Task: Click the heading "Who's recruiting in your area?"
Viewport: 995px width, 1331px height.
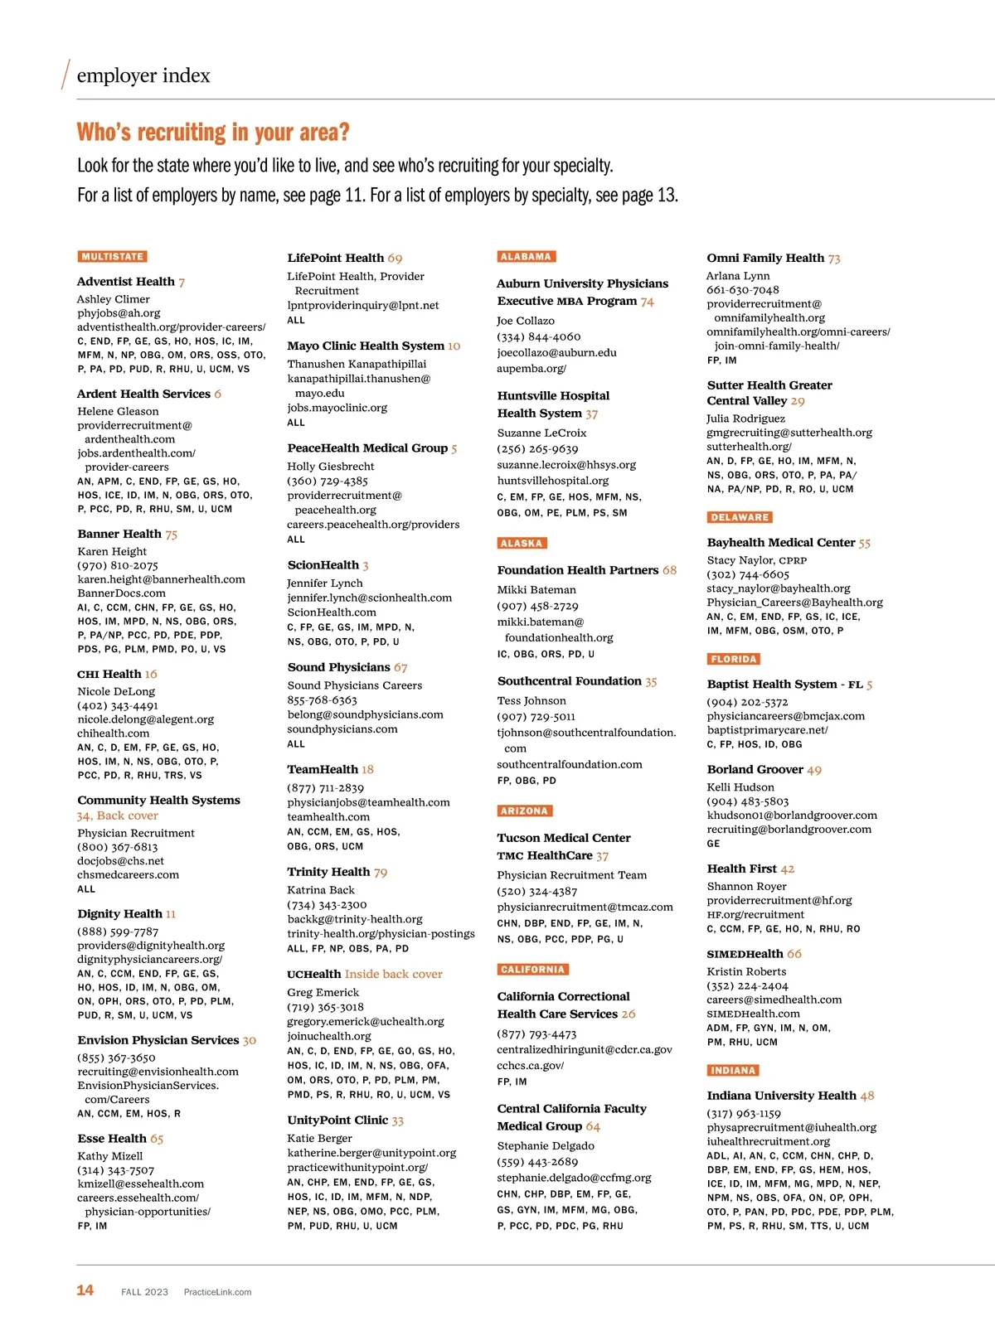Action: [x=213, y=133]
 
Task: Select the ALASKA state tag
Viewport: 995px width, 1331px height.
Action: [x=522, y=544]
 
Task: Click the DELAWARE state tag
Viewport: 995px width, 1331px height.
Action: [x=740, y=517]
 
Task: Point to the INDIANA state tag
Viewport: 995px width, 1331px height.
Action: [x=733, y=1070]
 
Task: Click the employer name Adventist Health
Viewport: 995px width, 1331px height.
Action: [x=126, y=282]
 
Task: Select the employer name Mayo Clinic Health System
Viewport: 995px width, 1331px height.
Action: [x=366, y=346]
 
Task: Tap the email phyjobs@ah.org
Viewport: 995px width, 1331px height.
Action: [x=119, y=313]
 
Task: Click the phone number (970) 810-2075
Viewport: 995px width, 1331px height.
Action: [x=118, y=565]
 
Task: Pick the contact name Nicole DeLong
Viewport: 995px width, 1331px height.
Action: [x=116, y=691]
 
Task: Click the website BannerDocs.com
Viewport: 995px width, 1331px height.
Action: [x=121, y=593]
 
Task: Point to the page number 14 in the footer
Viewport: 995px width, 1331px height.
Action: [x=85, y=1290]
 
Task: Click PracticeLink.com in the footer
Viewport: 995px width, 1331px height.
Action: [x=217, y=1292]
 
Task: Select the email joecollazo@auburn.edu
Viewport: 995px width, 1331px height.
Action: [x=556, y=352]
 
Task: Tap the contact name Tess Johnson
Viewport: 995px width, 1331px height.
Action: [x=531, y=700]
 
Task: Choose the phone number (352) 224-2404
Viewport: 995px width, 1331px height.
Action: [x=747, y=986]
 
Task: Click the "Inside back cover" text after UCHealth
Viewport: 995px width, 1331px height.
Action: [x=393, y=974]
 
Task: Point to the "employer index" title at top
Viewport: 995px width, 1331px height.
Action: [x=143, y=76]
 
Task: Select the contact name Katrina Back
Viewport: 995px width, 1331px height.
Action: [x=320, y=890]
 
